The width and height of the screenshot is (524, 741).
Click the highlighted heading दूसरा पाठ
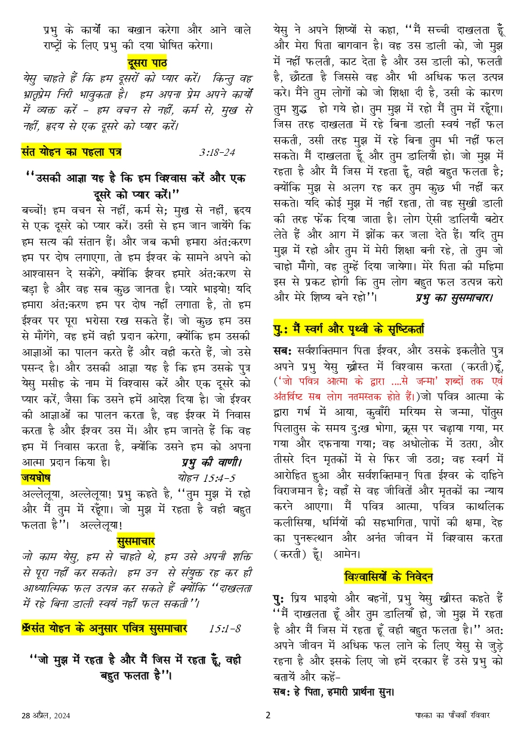point(147,62)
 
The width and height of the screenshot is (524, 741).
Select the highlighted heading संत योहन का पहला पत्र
point(71,152)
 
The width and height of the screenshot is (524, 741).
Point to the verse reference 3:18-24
point(217,153)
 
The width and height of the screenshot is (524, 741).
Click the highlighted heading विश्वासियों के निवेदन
point(389,577)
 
